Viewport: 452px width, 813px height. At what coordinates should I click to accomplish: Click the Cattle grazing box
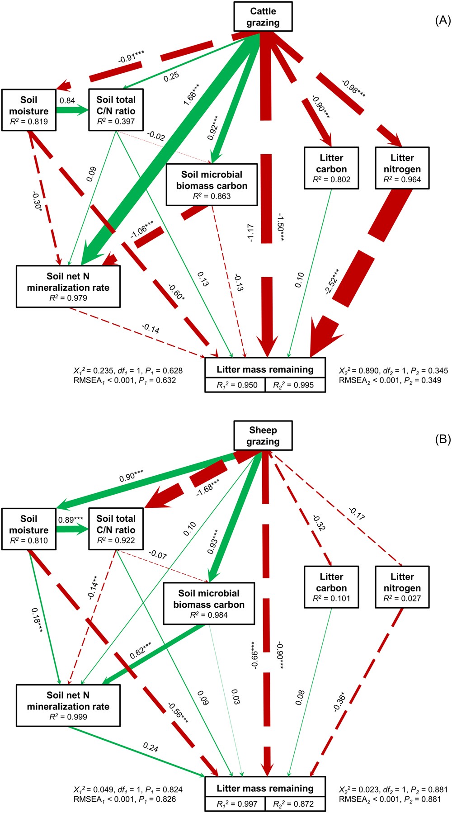pos(263,17)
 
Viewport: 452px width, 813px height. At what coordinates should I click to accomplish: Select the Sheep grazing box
pos(263,435)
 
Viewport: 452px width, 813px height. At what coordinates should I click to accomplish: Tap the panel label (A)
pos(442,20)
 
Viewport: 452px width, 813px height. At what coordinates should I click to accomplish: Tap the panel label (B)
pos(442,439)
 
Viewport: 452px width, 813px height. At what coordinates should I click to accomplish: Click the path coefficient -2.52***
pos(332,281)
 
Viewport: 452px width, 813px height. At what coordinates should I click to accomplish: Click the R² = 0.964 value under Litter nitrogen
pos(402,180)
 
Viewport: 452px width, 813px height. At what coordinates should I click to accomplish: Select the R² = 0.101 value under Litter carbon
pos(331,598)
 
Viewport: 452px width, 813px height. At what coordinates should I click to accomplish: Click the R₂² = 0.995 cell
pos(295,385)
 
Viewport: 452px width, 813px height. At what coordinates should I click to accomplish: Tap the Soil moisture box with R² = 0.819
pos(29,110)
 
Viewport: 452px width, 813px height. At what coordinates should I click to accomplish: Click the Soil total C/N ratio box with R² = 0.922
pos(116,529)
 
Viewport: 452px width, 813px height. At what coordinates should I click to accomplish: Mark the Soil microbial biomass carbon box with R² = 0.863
pos(212,184)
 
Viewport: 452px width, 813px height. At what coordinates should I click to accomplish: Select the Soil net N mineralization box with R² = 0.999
pos(68,705)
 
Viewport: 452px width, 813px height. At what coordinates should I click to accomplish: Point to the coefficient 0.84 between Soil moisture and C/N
pos(67,100)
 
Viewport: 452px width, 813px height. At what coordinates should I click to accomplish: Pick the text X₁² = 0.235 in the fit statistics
pos(94,371)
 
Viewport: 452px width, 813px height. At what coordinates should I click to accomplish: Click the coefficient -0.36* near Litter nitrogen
pos(339,701)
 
